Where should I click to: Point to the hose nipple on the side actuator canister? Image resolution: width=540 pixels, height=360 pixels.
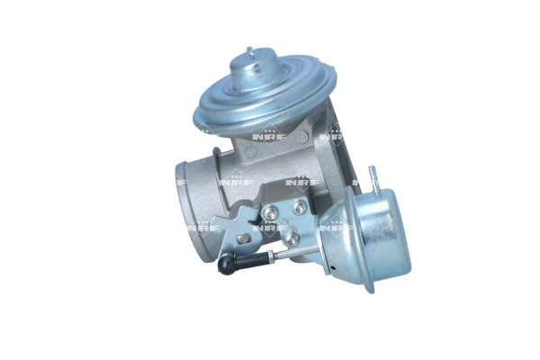coord(372,175)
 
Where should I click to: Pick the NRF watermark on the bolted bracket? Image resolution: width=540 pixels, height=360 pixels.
coord(270,229)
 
